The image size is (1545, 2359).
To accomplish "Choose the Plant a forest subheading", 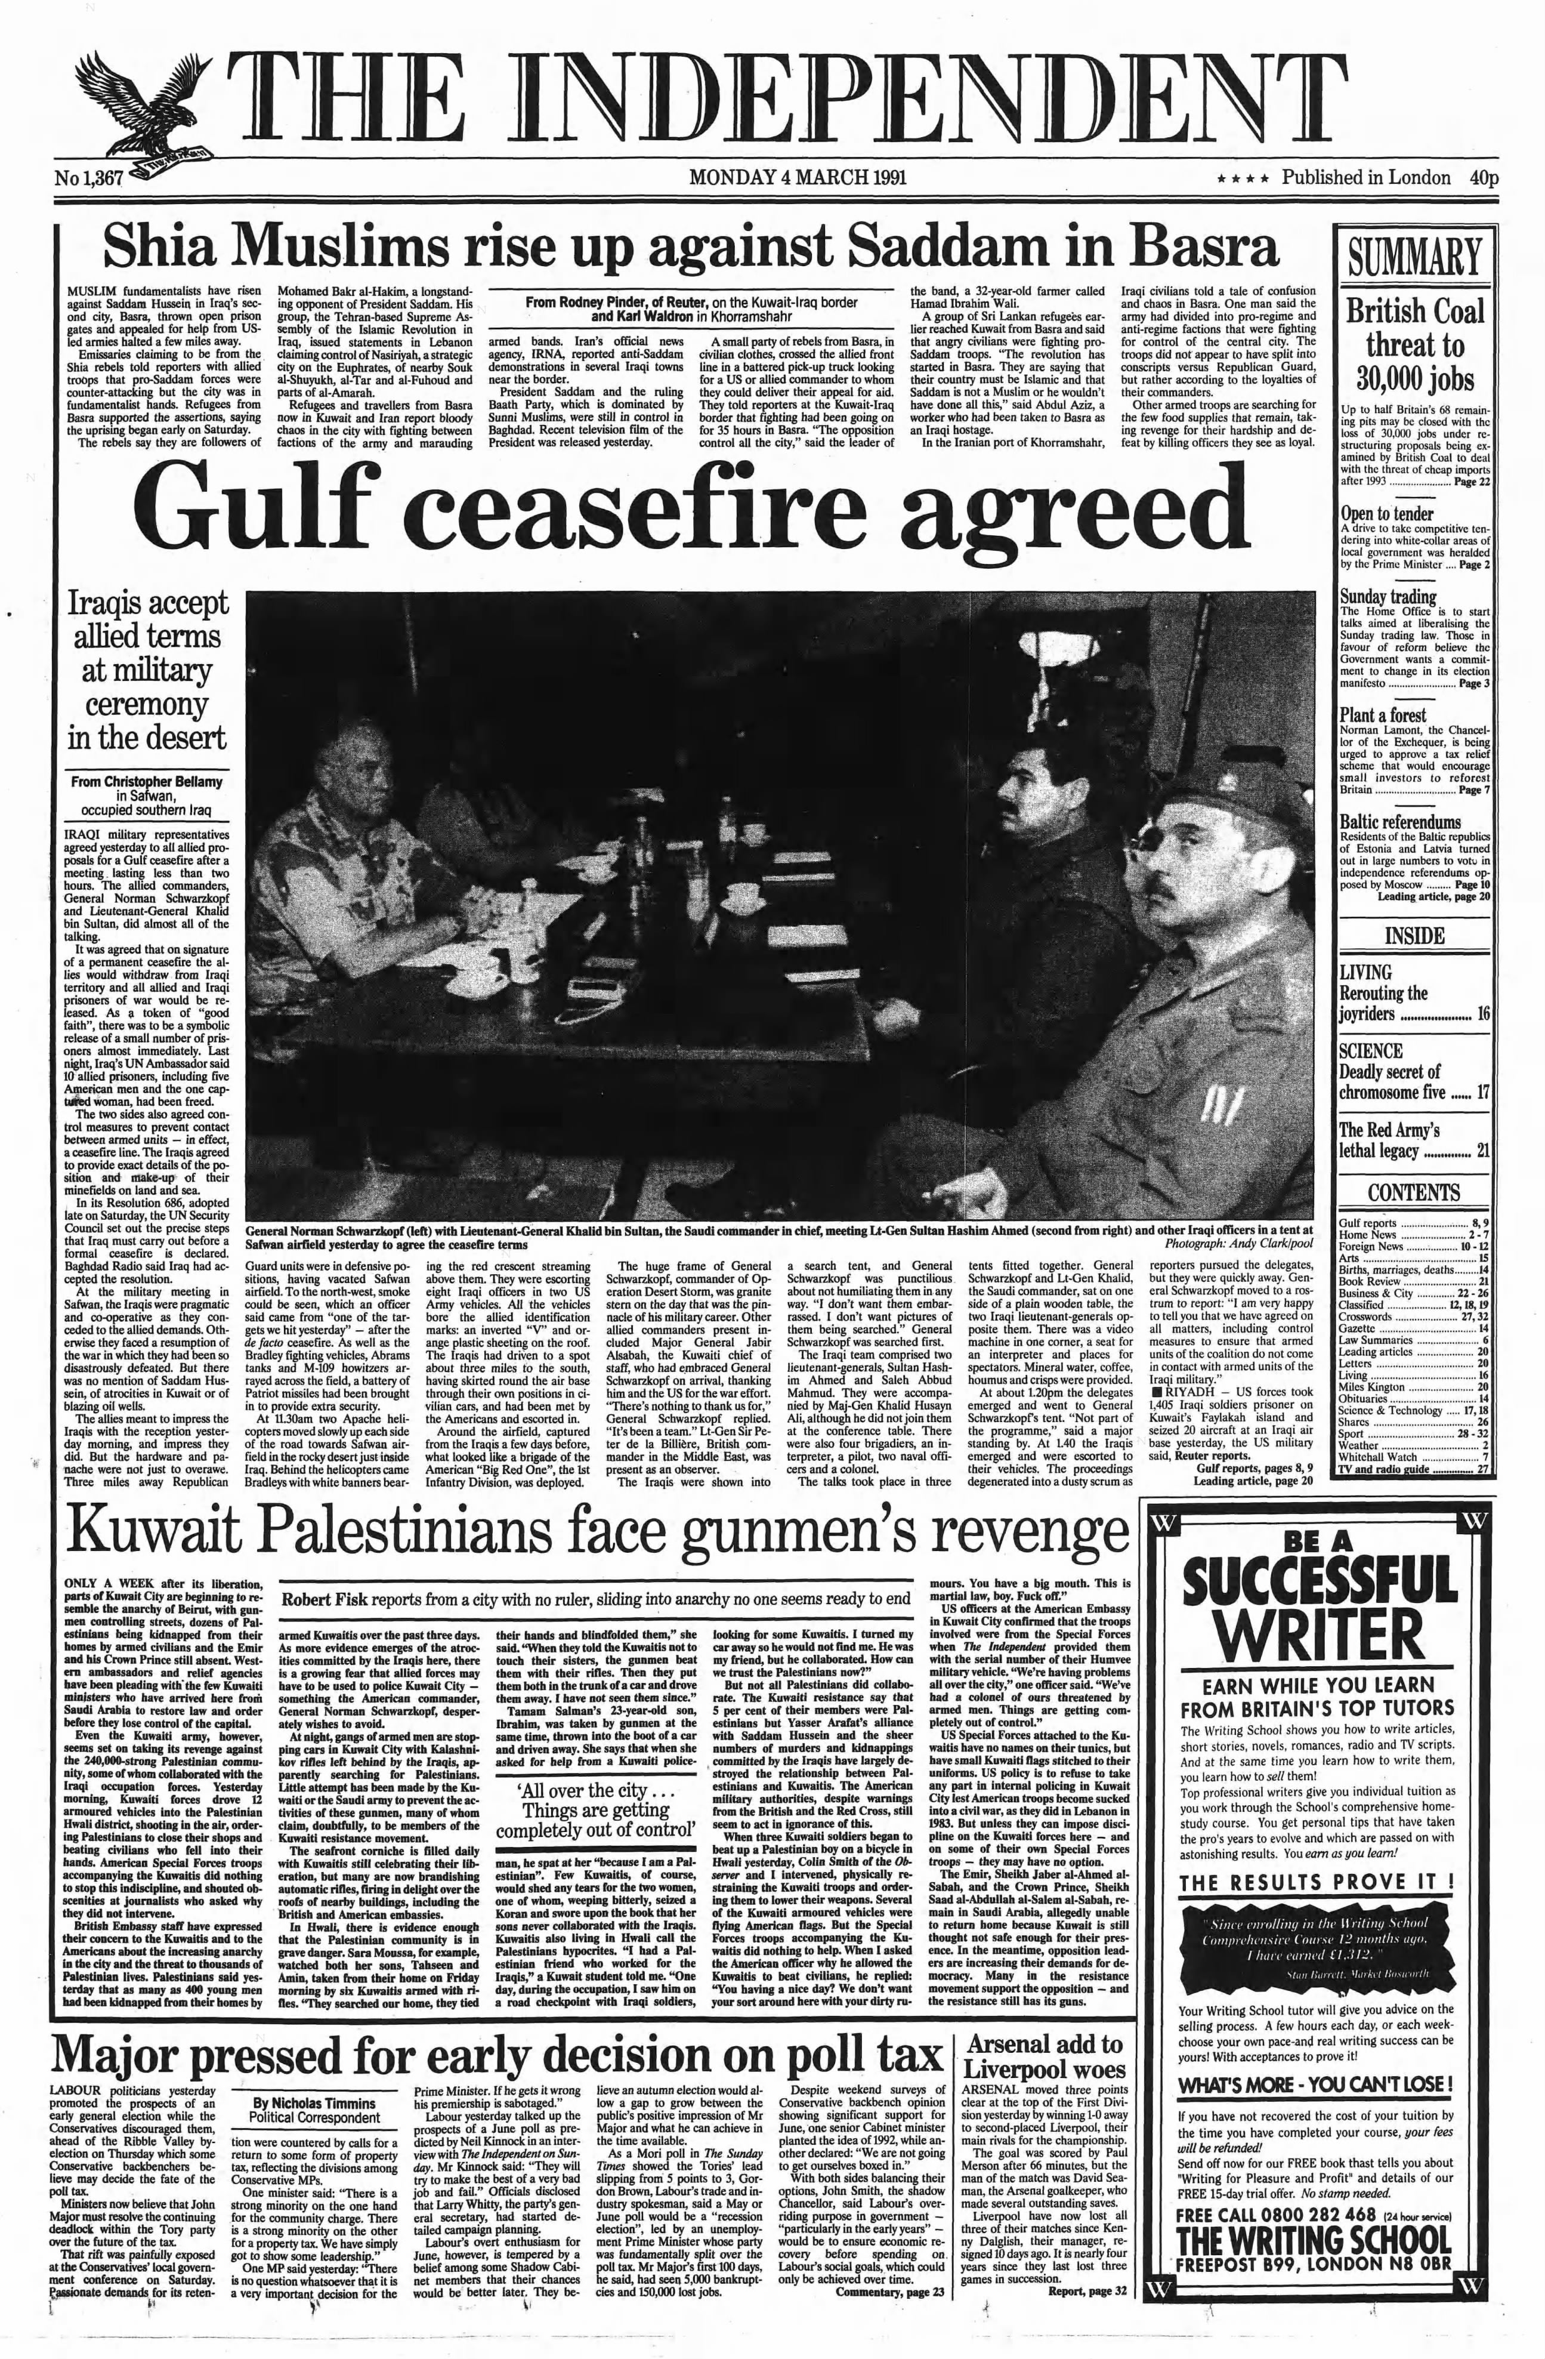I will (x=1383, y=715).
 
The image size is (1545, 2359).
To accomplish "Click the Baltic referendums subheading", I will (x=1399, y=822).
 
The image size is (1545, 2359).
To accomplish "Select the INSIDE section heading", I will (x=1413, y=936).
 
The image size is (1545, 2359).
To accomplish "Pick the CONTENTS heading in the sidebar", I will (x=1413, y=1192).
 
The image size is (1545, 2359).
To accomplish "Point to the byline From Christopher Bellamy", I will (x=147, y=782).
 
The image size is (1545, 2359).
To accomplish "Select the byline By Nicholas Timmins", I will (x=314, y=2102).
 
